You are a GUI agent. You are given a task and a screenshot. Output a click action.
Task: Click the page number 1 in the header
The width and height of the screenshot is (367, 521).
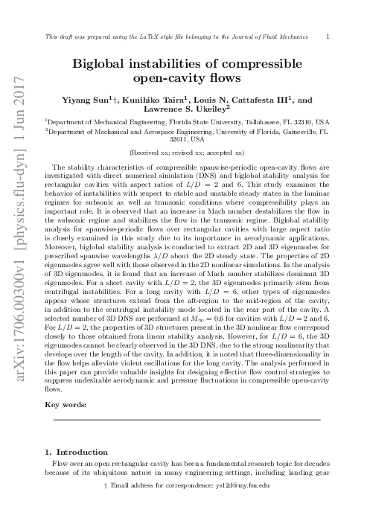pyautogui.click(x=328, y=35)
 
